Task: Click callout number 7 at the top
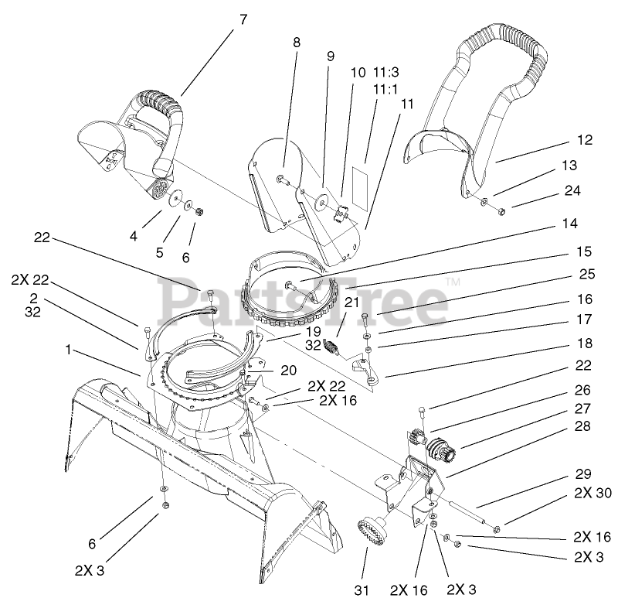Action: coord(243,20)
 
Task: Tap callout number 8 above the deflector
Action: coord(297,44)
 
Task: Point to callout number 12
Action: coord(584,140)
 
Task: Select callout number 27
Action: coord(584,408)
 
